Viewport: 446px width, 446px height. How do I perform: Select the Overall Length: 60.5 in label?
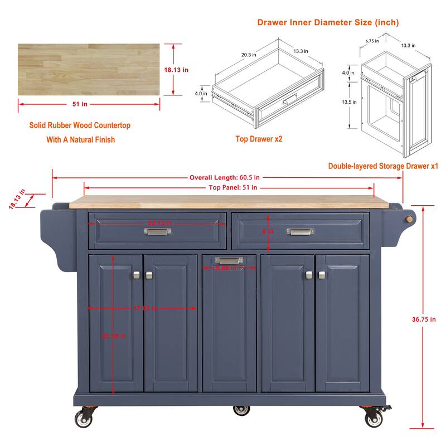click(226, 178)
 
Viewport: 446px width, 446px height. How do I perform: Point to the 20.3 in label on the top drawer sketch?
click(249, 55)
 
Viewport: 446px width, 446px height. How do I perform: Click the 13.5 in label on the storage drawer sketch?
click(349, 103)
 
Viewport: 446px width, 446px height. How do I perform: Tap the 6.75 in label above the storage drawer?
click(372, 41)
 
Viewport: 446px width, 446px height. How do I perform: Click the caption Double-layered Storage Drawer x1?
click(383, 166)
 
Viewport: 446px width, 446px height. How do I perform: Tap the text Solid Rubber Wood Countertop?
click(80, 125)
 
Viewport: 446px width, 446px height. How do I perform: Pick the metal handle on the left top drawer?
click(158, 231)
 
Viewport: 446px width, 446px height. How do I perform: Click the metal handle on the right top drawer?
click(300, 231)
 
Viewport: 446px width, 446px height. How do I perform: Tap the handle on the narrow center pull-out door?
click(227, 260)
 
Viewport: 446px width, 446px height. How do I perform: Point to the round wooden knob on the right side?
click(410, 219)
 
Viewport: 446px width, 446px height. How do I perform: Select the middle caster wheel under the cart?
click(240, 410)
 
